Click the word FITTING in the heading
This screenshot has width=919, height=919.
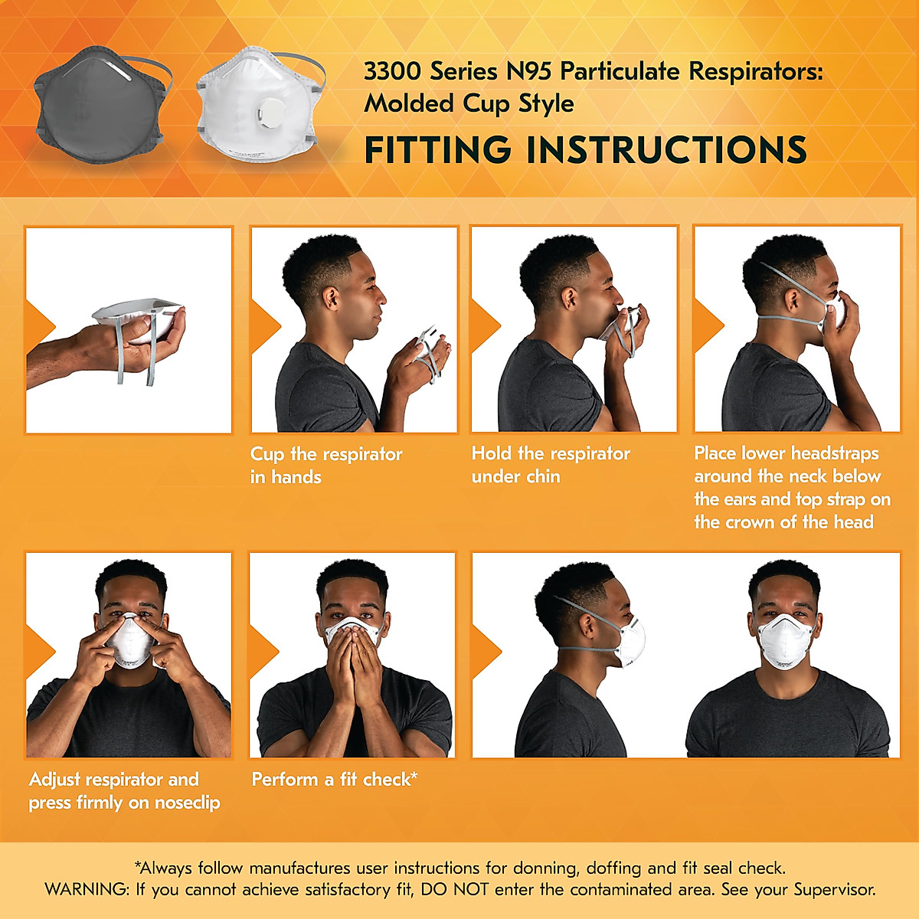pos(437,149)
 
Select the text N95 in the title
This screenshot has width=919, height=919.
pos(528,71)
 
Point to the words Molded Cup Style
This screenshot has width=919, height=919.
pos(469,103)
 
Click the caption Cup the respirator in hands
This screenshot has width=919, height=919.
pos(325,465)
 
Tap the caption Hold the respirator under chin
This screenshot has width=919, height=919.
pos(550,465)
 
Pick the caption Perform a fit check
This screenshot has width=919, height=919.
pos(334,780)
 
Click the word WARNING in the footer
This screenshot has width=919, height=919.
pos(87,890)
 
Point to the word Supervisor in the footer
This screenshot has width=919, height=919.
pos(834,890)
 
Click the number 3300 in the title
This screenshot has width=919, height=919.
pos(392,71)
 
